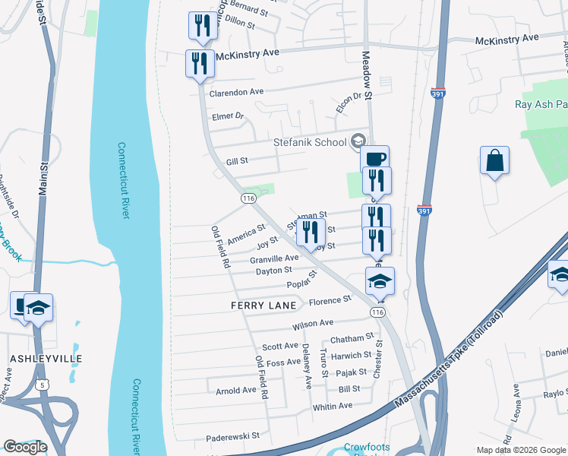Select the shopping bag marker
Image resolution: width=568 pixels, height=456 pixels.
494,161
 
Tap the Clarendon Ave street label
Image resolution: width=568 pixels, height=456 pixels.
236,92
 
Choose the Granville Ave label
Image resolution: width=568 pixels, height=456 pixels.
274,258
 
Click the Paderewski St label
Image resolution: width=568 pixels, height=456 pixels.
233,438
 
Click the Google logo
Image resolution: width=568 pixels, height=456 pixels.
26,446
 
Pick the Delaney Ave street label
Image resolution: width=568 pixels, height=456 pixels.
308,366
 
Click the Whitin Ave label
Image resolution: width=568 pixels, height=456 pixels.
333,407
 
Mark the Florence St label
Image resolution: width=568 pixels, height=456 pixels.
330,300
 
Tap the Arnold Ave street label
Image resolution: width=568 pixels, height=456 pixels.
236,391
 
